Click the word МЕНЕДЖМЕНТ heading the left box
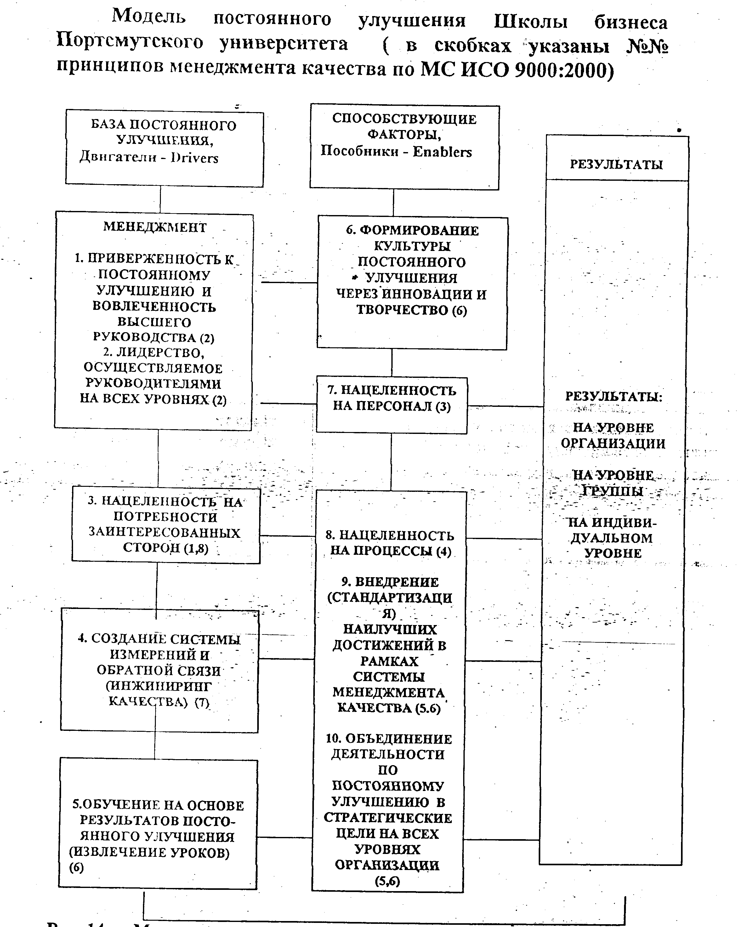[x=155, y=227]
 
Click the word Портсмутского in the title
[x=129, y=43]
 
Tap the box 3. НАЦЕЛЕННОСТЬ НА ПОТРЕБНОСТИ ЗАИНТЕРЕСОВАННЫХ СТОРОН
[x=166, y=525]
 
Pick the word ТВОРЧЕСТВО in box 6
[x=402, y=310]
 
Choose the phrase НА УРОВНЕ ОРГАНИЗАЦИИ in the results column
[x=613, y=435]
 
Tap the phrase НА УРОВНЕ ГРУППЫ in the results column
[x=613, y=482]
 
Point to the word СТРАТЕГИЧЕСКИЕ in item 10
[x=388, y=817]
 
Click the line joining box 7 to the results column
[x=505, y=406]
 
